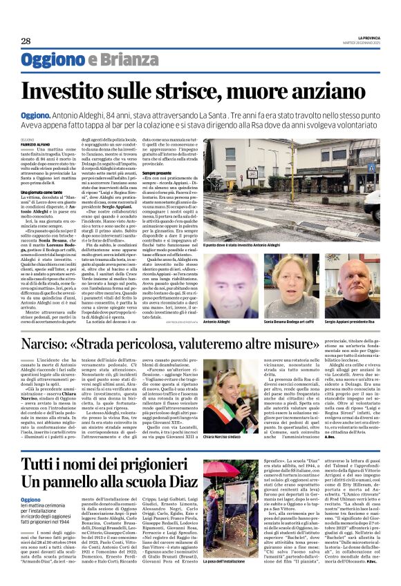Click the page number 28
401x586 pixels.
(x=26, y=41)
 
